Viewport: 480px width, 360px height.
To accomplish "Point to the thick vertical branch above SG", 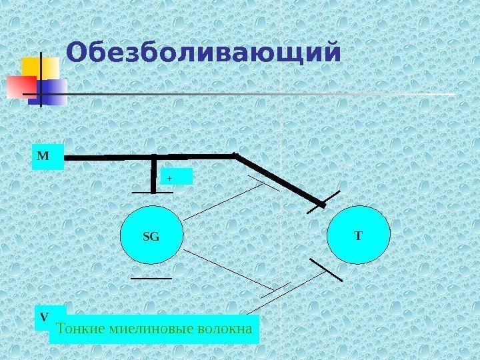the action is pos(154,174).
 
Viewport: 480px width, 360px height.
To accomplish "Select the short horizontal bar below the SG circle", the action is pos(151,277).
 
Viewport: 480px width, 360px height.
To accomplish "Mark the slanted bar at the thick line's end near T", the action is pos(324,201).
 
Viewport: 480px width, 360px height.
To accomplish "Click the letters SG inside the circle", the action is pos(152,236).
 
